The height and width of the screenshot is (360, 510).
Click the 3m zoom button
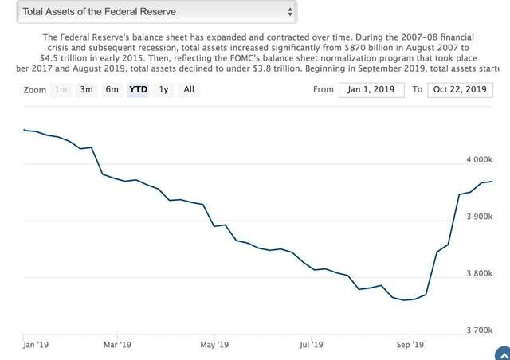(x=86, y=90)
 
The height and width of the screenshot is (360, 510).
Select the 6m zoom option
(x=112, y=90)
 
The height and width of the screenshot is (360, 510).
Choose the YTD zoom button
(x=138, y=90)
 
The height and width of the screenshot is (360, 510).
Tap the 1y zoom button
(x=163, y=90)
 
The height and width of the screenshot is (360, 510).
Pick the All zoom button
(x=189, y=90)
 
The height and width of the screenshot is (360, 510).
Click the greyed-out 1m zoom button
(x=61, y=90)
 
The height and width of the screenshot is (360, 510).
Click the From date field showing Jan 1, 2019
(x=372, y=90)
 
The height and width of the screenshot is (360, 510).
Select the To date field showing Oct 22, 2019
(x=460, y=90)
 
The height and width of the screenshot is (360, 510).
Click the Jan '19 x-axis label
(x=37, y=345)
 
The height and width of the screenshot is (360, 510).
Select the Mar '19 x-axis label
(x=116, y=345)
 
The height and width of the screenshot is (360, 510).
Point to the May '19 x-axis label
(x=214, y=345)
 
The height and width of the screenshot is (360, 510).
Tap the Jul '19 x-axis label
(x=311, y=345)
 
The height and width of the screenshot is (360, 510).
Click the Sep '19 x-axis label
(x=408, y=345)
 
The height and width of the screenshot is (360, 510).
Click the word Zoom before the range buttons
(x=35, y=90)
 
